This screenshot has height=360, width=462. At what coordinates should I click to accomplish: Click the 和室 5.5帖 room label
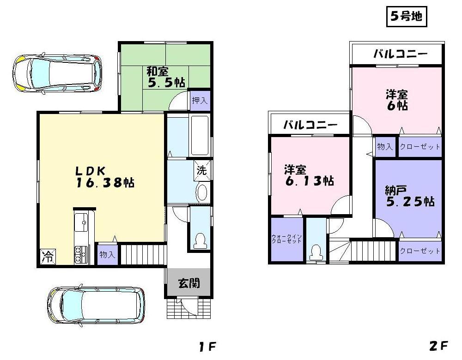coord(165,77)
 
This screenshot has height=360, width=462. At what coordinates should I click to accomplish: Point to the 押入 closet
coord(200,101)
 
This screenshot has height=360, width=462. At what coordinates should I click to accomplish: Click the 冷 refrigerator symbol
coord(47,257)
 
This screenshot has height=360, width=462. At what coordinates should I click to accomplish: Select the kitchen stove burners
coord(82,254)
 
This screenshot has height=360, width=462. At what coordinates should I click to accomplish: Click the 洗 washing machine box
coord(202,169)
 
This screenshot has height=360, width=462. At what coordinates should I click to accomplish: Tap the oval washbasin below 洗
coord(202,193)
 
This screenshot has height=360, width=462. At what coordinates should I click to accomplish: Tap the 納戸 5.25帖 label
coord(409,196)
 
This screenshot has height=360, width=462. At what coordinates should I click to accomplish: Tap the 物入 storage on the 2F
coord(385,147)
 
